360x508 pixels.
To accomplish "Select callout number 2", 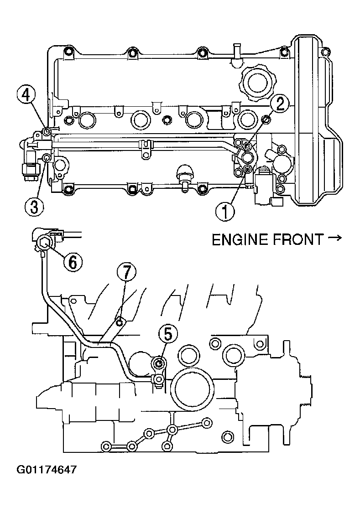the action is pyautogui.click(x=280, y=104).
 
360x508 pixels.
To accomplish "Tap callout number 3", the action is pyautogui.click(x=34, y=207).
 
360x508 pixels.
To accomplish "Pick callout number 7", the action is pyautogui.click(x=126, y=272).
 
